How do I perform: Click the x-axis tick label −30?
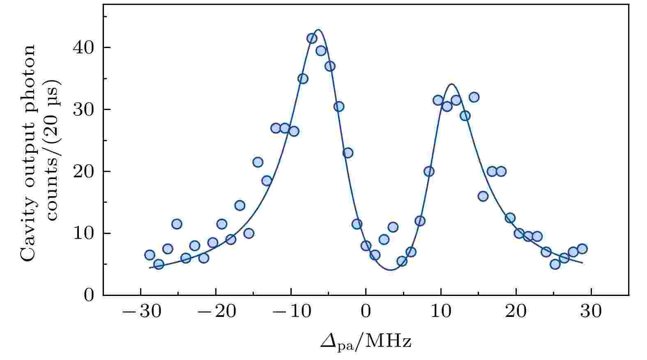coord(140,312)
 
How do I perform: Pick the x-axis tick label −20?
coord(215,312)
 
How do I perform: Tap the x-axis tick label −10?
coord(290,312)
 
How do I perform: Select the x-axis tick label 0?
coord(366,312)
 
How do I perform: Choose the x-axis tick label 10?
coord(441,312)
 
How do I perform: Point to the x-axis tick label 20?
coord(516,312)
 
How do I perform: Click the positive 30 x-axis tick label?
coord(591,312)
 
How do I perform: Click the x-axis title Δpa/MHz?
coord(366,341)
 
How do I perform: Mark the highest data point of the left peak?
coord(312,39)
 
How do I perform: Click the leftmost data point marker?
coord(150,255)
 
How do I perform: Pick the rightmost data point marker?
coord(582,249)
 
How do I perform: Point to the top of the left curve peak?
coord(318,30)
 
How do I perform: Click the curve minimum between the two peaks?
coord(390,270)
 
